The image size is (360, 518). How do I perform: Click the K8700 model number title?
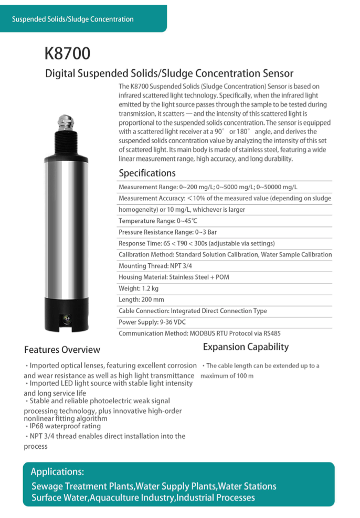[68, 53]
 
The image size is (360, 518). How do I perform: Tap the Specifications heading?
[147, 173]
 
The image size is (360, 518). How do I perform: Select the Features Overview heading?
[62, 350]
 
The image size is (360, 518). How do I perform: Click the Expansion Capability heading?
[246, 347]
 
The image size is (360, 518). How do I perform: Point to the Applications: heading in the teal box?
[57, 472]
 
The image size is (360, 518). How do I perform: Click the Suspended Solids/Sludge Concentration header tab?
[73, 19]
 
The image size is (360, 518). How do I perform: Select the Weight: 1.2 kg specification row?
[139, 288]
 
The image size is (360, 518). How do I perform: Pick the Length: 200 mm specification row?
[141, 300]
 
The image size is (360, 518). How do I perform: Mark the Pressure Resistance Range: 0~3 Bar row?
[167, 232]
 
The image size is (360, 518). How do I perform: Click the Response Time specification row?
[196, 243]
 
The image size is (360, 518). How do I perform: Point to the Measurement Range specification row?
[208, 187]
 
